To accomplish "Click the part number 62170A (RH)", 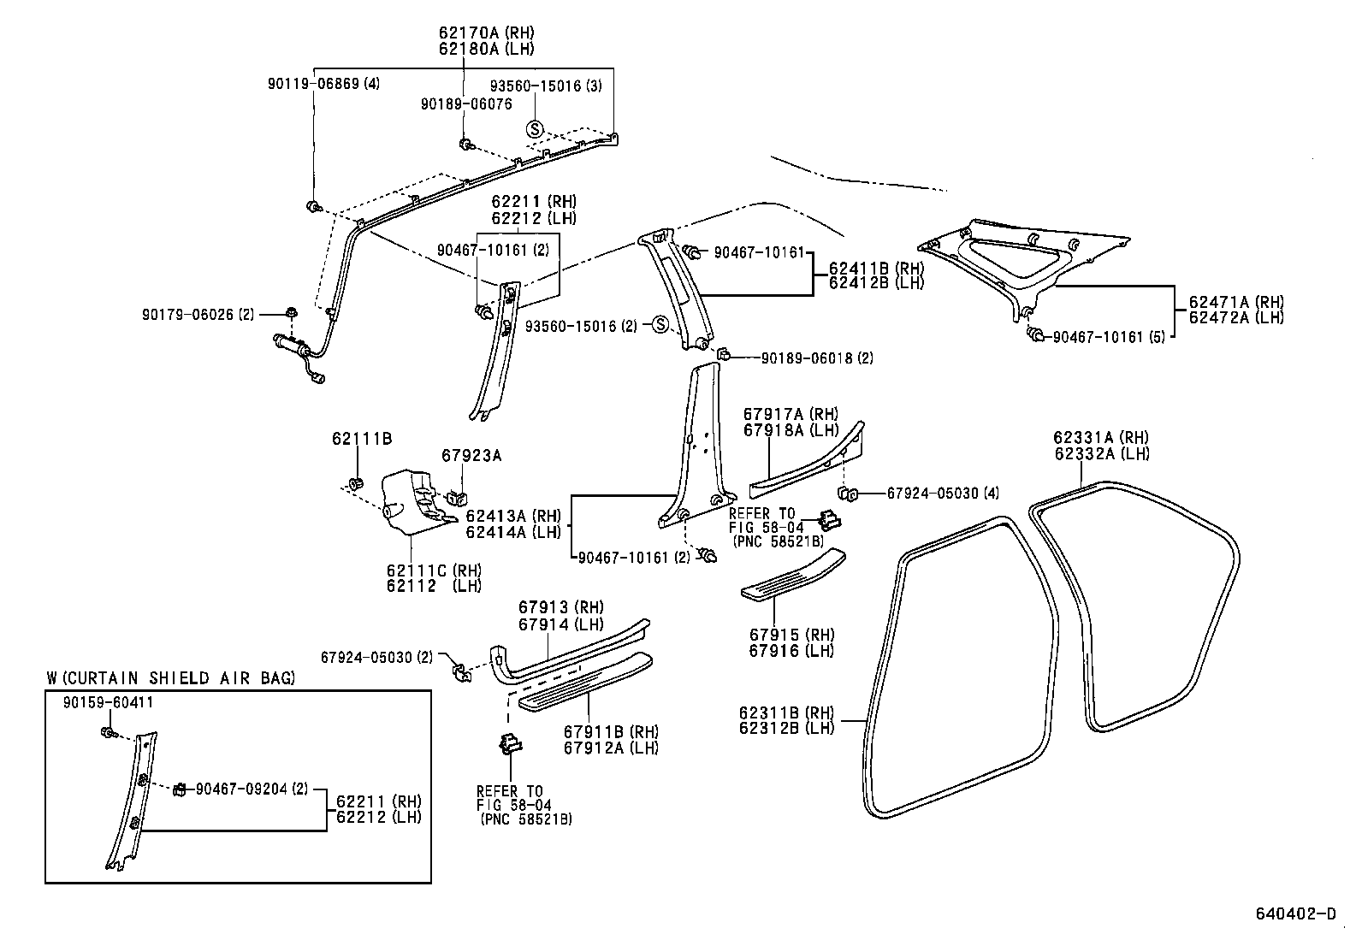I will click(486, 33).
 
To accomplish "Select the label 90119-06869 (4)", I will click(323, 84).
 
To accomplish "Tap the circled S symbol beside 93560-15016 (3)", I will click(535, 129).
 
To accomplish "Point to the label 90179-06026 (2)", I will click(198, 314).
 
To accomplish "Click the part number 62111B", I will click(362, 439).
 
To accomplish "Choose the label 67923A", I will click(471, 456).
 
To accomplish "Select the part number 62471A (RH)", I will click(1236, 302).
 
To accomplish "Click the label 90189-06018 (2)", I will click(817, 358).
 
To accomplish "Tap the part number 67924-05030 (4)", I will click(943, 494).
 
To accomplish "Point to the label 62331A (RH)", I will click(1101, 438).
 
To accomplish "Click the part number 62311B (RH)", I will click(786, 713).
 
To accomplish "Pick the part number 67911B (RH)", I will click(611, 732).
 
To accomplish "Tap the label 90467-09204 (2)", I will click(252, 789).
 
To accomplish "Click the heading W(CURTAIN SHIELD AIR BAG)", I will click(171, 678).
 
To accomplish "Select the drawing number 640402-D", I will click(1295, 913).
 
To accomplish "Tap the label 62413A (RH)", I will click(512, 516).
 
